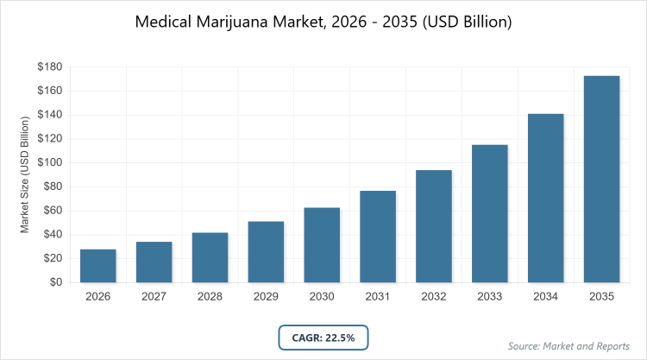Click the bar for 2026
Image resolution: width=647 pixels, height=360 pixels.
click(97, 266)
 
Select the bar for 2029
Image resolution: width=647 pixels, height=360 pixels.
click(266, 252)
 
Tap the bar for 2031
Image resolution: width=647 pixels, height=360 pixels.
click(378, 237)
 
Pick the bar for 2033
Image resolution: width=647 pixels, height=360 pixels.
click(490, 213)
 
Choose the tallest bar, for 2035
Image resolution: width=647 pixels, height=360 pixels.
click(602, 180)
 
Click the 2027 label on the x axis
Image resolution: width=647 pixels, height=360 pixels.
click(154, 296)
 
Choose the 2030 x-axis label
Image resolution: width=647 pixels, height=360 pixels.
click(322, 296)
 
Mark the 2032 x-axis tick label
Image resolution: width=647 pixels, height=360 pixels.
click(434, 296)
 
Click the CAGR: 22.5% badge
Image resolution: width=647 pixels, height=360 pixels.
click(323, 337)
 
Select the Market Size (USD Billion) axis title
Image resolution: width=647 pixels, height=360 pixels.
click(25, 175)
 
